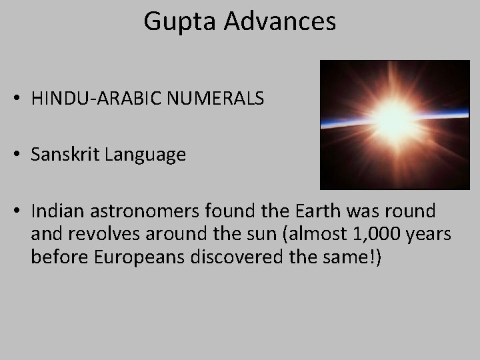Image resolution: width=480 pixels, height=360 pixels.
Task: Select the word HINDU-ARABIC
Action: (x=99, y=99)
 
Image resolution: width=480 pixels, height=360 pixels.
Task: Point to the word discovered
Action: (x=227, y=259)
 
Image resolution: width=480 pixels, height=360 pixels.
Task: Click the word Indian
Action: (x=54, y=211)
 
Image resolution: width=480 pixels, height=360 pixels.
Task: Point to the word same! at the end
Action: (x=355, y=259)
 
